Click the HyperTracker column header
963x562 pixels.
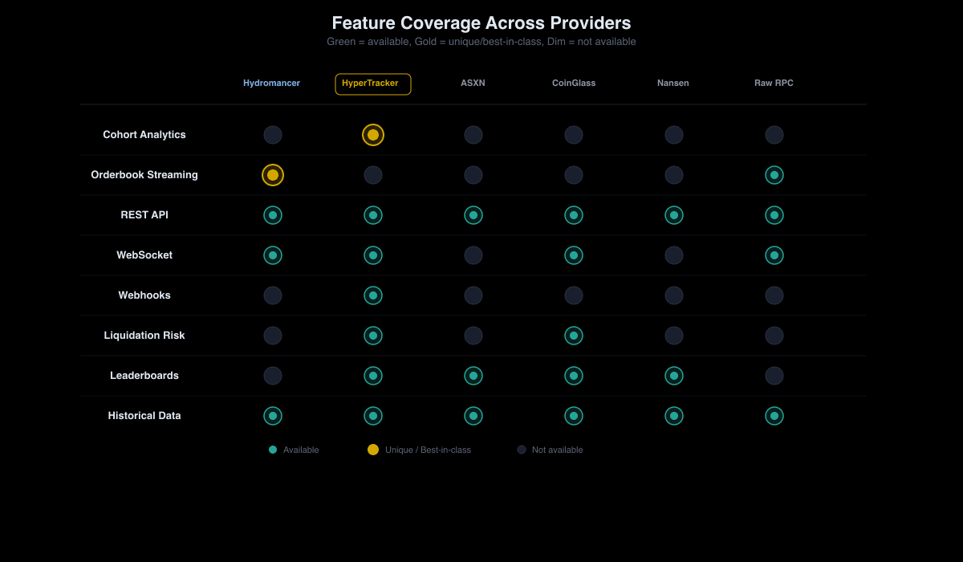coord(372,83)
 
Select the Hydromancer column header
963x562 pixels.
coord(272,83)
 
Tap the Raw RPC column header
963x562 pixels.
coord(774,83)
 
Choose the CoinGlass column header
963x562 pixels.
coord(574,83)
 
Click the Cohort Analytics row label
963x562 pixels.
coord(144,135)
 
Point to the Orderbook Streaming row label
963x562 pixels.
coord(144,175)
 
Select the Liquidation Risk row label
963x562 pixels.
coord(144,336)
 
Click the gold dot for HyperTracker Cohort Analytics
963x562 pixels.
coord(373,135)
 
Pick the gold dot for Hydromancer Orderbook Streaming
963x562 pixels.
coord(273,175)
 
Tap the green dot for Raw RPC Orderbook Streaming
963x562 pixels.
coord(774,175)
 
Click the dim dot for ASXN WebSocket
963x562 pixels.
coord(473,255)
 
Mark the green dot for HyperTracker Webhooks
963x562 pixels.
coord(373,295)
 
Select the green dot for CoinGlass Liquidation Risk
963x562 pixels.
coord(574,336)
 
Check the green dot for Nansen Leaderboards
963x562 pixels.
coord(674,376)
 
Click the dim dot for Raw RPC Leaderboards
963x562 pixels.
coord(774,376)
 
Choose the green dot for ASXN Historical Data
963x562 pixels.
coord(473,416)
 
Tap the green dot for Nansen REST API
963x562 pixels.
coord(674,215)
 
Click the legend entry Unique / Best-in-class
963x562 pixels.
coord(420,450)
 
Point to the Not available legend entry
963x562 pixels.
coord(551,450)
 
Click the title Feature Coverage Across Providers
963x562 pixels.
coord(481,23)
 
